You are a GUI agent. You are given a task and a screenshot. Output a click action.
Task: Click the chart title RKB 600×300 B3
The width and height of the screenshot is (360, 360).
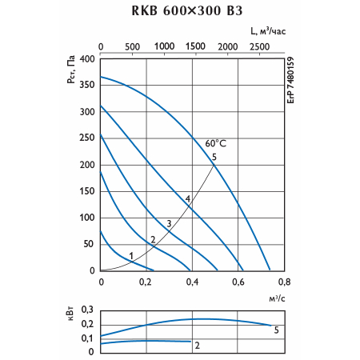187,10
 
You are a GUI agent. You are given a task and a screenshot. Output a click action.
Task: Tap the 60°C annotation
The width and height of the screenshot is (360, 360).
216,143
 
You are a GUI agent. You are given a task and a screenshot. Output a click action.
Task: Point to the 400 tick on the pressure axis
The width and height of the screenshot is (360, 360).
87,59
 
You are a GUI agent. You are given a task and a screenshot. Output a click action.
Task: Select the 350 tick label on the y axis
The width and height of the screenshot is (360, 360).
87,85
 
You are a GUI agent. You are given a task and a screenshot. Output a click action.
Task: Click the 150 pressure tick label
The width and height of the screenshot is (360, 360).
87,191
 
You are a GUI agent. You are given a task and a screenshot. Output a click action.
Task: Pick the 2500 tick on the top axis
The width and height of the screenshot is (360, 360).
259,47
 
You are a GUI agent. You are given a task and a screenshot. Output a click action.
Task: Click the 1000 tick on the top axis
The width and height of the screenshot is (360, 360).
165,46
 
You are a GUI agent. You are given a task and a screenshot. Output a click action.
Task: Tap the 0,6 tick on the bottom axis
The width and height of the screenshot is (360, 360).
238,282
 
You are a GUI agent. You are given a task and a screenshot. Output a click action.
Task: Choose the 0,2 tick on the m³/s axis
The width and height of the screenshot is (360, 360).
146,282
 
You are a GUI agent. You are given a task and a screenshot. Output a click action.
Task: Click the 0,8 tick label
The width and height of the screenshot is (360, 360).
284,282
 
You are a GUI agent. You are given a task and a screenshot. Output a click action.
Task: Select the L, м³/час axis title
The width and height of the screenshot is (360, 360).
268,31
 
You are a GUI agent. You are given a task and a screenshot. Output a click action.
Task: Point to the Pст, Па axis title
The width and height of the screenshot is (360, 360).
71,70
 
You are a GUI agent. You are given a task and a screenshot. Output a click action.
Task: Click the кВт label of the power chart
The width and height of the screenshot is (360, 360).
70,314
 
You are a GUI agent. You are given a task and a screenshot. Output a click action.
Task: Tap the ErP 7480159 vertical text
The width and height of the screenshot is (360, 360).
290,80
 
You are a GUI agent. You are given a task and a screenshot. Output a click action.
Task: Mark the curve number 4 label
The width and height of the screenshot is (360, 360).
188,198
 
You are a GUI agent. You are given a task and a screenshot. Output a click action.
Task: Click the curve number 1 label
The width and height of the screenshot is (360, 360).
131,256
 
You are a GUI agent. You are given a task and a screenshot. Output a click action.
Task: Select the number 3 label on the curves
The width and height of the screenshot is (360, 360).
169,223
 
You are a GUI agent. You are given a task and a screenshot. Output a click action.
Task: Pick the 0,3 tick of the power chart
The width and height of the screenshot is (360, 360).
87,310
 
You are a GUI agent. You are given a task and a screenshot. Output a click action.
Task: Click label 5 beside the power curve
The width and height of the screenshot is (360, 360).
276,330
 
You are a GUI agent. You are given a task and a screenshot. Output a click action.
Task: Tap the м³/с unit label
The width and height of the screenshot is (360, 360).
277,298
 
